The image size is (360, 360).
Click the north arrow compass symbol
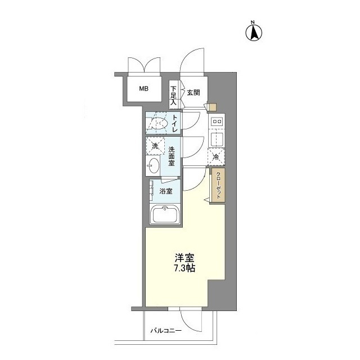254,31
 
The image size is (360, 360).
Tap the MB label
144,89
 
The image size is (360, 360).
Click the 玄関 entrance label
193,92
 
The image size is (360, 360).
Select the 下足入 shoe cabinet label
173,96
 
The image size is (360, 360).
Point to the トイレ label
175,123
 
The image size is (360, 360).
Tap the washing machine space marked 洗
155,146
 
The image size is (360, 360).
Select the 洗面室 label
172,156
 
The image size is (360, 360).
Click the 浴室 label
166,191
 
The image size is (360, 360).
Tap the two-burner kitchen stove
217,121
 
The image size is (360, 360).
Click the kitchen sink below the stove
217,139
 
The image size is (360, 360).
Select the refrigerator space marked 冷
216,157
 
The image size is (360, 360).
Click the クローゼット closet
218,186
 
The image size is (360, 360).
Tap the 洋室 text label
184,258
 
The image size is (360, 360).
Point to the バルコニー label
166,331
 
